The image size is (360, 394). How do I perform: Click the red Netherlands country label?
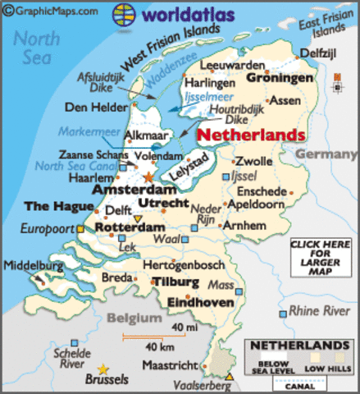[x=253, y=134]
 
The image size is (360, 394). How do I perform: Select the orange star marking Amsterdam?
[x=148, y=176]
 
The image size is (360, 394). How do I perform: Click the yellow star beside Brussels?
[x=103, y=369]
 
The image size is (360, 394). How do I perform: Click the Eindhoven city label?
[x=199, y=302]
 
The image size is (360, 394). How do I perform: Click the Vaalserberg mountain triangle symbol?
[x=230, y=377]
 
